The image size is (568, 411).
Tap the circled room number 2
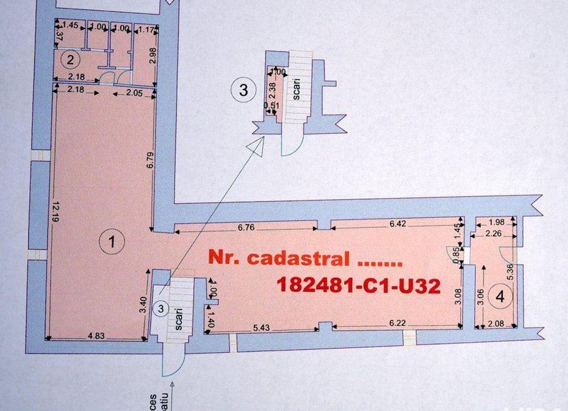tap(70, 61)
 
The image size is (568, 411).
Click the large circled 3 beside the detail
tap(244, 90)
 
